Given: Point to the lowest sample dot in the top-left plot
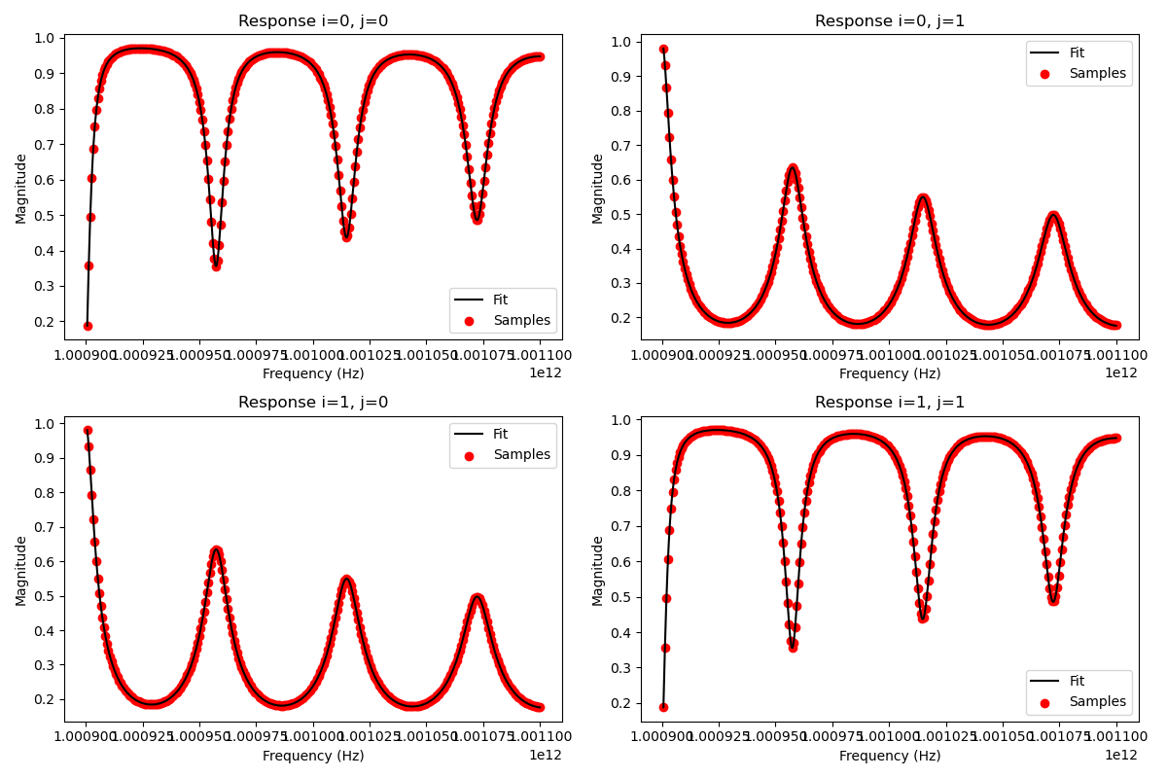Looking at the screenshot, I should click(88, 326).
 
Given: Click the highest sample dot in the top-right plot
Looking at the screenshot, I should click(663, 49).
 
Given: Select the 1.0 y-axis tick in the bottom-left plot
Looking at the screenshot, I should click(44, 424).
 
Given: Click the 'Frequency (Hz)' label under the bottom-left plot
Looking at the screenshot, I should click(313, 756).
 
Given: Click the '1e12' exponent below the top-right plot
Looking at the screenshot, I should click(1120, 372).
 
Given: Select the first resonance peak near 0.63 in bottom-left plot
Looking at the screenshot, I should click(216, 550).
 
